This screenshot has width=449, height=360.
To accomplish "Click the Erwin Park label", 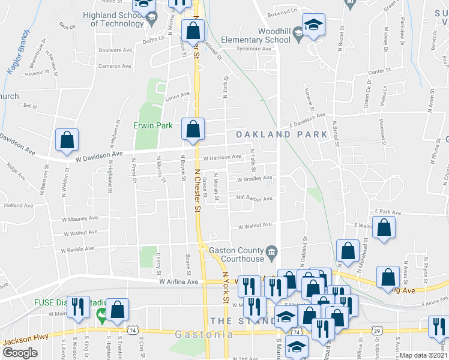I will tap(153, 125).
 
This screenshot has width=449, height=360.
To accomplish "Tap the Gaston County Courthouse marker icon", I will tap(271, 250).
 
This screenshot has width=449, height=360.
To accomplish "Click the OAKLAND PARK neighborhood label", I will tap(282, 134).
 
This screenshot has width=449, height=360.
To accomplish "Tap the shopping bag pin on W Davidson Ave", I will tap(67, 140).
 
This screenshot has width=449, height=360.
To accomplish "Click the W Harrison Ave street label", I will tap(222, 158).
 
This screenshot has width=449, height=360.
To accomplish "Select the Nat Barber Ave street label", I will tap(255, 197).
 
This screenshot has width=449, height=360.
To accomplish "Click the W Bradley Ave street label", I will tap(255, 178).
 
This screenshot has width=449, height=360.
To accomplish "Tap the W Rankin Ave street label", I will tap(77, 248).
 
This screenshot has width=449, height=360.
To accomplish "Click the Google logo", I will tap(20, 352).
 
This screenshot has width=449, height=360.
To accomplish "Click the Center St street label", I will tap(379, 71).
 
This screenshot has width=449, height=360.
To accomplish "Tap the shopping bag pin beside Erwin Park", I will tap(193, 128).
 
